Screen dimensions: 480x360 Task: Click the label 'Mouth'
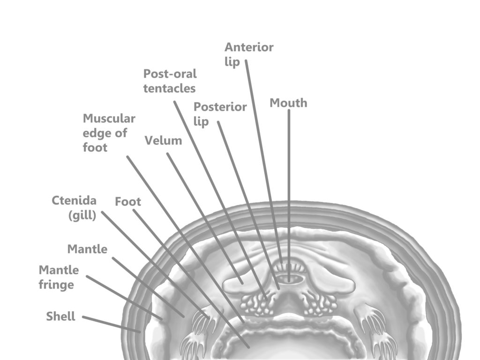click(x=288, y=103)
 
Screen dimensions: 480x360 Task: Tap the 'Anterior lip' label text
click(x=249, y=54)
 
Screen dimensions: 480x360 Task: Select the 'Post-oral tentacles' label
click(x=170, y=81)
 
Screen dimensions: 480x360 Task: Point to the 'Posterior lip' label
click(x=220, y=114)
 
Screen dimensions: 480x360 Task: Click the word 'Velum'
click(x=163, y=141)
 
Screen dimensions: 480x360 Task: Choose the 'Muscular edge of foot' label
click(x=109, y=133)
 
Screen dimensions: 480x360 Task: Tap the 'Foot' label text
click(x=128, y=202)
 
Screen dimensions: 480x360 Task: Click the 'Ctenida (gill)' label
click(x=74, y=208)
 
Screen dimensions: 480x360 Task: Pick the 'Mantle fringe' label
click(x=59, y=277)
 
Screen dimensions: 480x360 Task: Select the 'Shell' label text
click(x=60, y=316)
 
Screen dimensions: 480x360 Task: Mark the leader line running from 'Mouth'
click(x=289, y=195)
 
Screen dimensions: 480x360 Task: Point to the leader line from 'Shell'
click(x=112, y=324)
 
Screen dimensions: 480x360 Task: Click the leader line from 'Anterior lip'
click(x=264, y=161)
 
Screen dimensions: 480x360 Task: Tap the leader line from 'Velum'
click(x=205, y=218)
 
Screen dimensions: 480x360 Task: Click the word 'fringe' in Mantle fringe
click(x=56, y=285)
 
